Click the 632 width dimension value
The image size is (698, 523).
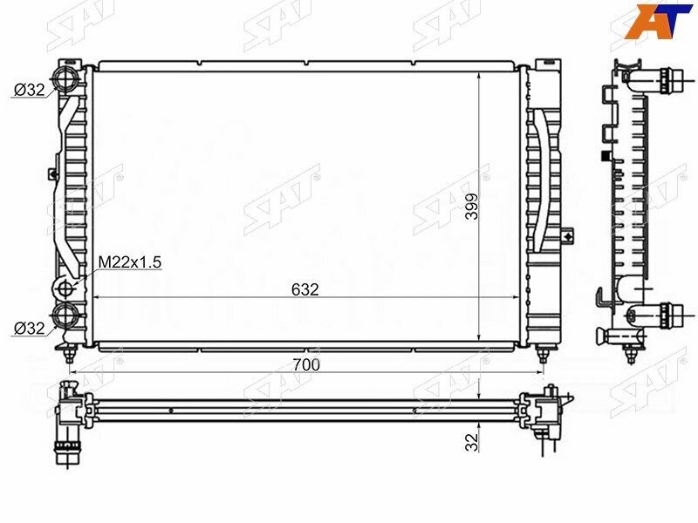pyautogui.click(x=305, y=289)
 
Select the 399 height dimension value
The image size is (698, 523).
pyautogui.click(x=471, y=206)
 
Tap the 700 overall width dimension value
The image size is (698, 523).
pyautogui.click(x=306, y=364)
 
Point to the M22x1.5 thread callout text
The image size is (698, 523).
pyautogui.click(x=129, y=262)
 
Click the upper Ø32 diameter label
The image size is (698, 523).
pyautogui.click(x=30, y=90)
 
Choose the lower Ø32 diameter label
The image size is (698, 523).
pyautogui.click(x=30, y=329)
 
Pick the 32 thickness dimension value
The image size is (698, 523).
pyautogui.click(x=471, y=442)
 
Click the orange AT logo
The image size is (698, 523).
pyautogui.click(x=659, y=21)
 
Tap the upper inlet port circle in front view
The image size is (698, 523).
pyautogui.click(x=66, y=80)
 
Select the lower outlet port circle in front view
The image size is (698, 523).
pyautogui.click(x=66, y=316)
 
